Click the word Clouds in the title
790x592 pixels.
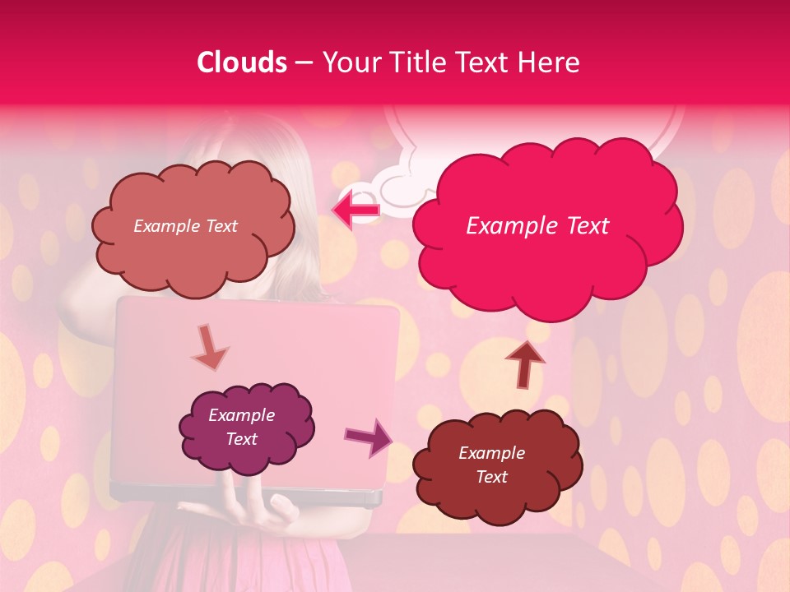click(242, 62)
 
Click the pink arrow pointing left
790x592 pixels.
click(355, 210)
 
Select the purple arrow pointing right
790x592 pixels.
click(368, 436)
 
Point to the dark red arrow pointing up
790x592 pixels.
click(525, 363)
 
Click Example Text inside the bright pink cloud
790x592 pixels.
click(537, 226)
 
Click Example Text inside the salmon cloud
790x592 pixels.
click(185, 226)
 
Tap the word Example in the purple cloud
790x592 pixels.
click(241, 415)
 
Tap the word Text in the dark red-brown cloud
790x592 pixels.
click(491, 477)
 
